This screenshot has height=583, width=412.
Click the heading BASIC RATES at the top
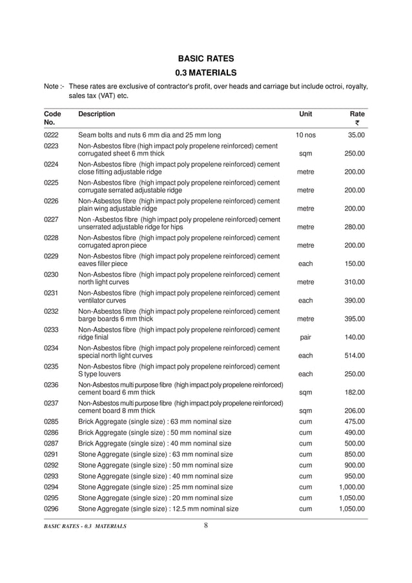[206, 59]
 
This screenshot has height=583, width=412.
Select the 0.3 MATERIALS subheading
[206, 72]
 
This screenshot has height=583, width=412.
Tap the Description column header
[96, 114]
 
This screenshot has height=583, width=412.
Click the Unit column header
[305, 114]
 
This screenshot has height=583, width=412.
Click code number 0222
[51, 136]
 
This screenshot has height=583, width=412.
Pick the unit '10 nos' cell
[305, 136]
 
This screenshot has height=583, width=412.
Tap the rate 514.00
[354, 356]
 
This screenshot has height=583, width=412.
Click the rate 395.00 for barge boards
[354, 319]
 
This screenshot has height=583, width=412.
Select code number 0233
[51, 330]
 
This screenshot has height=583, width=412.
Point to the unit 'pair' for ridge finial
[305, 337]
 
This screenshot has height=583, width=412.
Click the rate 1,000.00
[352, 487]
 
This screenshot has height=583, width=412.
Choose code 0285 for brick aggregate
[51, 422]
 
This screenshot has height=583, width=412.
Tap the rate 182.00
[354, 392]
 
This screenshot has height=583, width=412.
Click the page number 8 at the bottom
[206, 525]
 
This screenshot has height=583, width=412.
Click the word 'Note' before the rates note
[52, 86]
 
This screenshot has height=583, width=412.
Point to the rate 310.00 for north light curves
[354, 282]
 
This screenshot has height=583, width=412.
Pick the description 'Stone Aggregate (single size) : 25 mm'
[155, 487]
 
